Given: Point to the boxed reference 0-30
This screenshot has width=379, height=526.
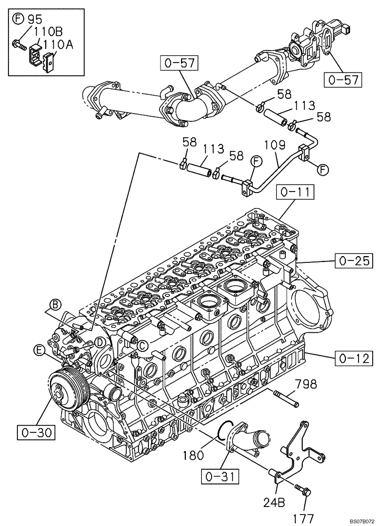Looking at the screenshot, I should click(33, 433).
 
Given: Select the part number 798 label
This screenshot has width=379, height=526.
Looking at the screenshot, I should click(306, 385).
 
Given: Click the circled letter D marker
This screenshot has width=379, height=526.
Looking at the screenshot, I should click(98, 342).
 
